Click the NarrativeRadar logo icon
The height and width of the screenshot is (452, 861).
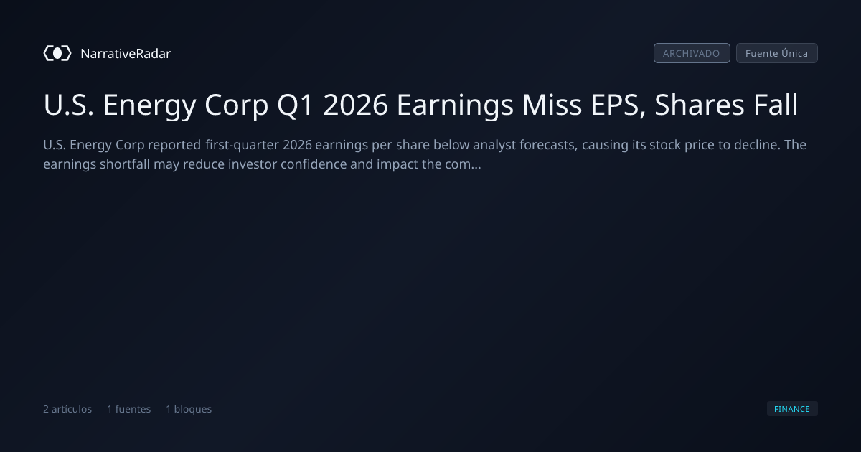pyautogui.click(x=57, y=53)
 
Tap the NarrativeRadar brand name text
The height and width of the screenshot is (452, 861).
pyautogui.click(x=126, y=53)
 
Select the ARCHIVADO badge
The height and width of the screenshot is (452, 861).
pyautogui.click(x=692, y=53)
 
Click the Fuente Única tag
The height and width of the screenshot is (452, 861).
pyautogui.click(x=776, y=53)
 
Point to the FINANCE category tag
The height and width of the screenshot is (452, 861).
pyautogui.click(x=792, y=408)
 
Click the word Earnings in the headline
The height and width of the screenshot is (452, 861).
pyautogui.click(x=455, y=105)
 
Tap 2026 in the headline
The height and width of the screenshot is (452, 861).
pyautogui.click(x=355, y=105)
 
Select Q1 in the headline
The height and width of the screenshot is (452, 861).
pyautogui.click(x=295, y=105)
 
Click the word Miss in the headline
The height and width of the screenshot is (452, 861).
pyautogui.click(x=552, y=105)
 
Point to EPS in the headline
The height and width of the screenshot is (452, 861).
pyautogui.click(x=618, y=105)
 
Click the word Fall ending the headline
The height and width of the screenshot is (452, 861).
pyautogui.click(x=776, y=104)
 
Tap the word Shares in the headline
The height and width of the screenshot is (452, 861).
pyautogui.click(x=700, y=104)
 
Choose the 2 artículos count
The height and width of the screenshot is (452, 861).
pyautogui.click(x=67, y=409)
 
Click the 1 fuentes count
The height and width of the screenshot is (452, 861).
pyautogui.click(x=128, y=409)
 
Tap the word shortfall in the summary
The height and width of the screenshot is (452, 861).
pyautogui.click(x=125, y=164)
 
